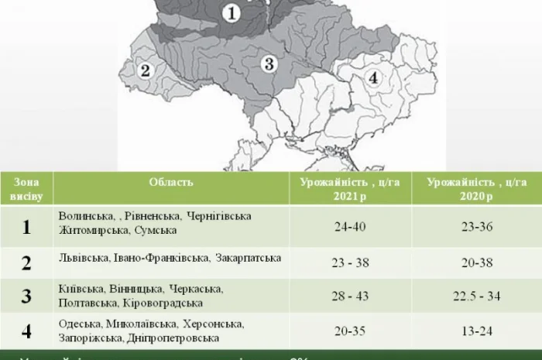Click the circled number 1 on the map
click(x=233, y=13)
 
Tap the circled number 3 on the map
click(x=268, y=63)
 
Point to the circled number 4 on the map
click(x=373, y=77)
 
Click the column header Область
click(x=171, y=182)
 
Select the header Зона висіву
click(x=26, y=189)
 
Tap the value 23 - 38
click(x=350, y=262)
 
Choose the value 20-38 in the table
click(x=476, y=262)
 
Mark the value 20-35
click(x=350, y=331)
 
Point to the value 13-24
click(x=476, y=331)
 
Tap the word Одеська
click(x=79, y=324)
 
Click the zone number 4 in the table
click(x=26, y=331)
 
